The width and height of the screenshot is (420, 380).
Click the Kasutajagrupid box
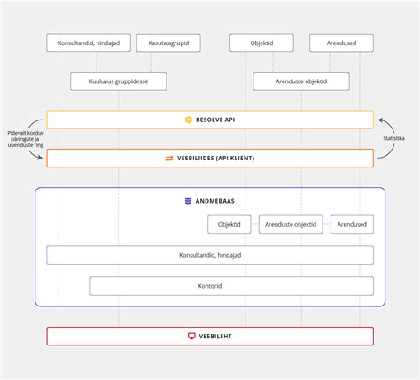coord(168,43)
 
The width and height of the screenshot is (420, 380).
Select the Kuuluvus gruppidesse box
coord(118,81)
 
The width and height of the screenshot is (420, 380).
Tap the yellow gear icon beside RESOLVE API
coord(188,120)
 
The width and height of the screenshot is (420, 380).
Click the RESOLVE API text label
coord(216,120)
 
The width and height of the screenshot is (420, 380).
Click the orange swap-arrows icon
coord(169,159)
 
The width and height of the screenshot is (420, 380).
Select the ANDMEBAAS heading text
coord(217,201)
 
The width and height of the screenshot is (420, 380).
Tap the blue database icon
coord(188,201)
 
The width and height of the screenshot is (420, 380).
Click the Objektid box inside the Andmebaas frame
coord(229,225)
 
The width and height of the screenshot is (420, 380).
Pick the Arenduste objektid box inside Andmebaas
coord(292,225)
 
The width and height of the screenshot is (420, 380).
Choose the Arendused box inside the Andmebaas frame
coord(352,225)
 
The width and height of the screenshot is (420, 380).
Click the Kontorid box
coord(210,286)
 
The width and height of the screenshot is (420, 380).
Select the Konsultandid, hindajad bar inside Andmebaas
coord(210,255)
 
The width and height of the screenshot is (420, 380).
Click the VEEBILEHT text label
coord(217,337)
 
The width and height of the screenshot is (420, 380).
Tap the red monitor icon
coord(191,337)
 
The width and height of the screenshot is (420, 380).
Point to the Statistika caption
coord(393,139)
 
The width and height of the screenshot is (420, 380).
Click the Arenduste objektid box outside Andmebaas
coord(301,81)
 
